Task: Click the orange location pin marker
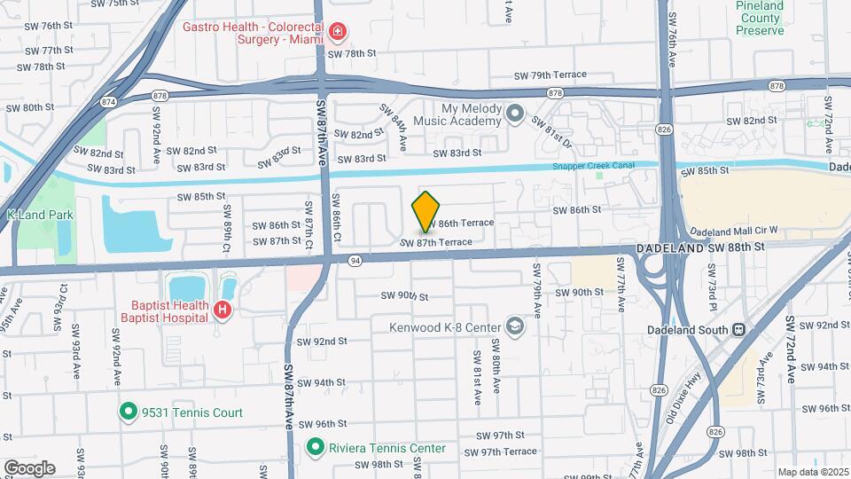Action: click(426, 211)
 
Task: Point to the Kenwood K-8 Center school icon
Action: click(515, 327)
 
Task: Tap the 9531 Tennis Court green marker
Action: click(128, 412)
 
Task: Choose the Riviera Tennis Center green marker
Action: click(315, 448)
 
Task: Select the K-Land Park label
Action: click(39, 215)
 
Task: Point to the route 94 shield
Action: click(355, 260)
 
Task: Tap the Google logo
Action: click(29, 467)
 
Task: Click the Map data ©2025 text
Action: click(812, 472)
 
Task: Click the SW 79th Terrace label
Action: click(551, 77)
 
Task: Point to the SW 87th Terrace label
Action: click(436, 242)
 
